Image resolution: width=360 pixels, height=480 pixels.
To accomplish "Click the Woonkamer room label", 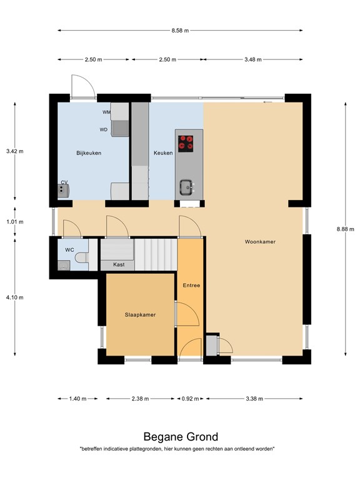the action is [x=260, y=242].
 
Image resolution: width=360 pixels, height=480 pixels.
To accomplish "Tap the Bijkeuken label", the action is [x=89, y=153].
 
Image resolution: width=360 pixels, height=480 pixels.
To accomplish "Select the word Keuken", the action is [x=163, y=153].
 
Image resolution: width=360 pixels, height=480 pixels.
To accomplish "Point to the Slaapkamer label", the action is [x=140, y=315].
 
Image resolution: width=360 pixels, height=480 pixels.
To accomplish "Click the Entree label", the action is [x=191, y=285].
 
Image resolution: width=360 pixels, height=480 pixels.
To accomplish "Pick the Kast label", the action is [x=119, y=264].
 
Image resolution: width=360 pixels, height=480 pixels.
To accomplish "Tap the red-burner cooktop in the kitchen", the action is [x=186, y=144].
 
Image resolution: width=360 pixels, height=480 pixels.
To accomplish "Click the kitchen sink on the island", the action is [x=186, y=187].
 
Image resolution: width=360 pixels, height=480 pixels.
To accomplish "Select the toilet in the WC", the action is [x=82, y=257].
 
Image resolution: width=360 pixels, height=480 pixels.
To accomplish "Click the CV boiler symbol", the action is [x=63, y=191].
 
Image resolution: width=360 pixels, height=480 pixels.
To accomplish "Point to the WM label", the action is [x=106, y=112].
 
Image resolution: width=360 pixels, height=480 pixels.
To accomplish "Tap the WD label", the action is [x=104, y=130].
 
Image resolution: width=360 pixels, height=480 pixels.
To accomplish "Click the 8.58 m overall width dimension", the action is [x=180, y=30].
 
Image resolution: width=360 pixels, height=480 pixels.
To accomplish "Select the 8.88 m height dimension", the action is [x=345, y=229].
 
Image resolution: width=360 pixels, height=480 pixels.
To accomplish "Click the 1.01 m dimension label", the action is [x=15, y=222].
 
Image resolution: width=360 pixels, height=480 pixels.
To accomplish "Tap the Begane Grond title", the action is [x=181, y=437].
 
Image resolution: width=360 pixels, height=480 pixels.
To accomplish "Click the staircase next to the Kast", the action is [x=156, y=254].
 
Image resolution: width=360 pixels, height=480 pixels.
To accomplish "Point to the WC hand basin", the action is [x=64, y=266].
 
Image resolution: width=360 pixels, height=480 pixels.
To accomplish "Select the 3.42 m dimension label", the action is [x=15, y=151].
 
